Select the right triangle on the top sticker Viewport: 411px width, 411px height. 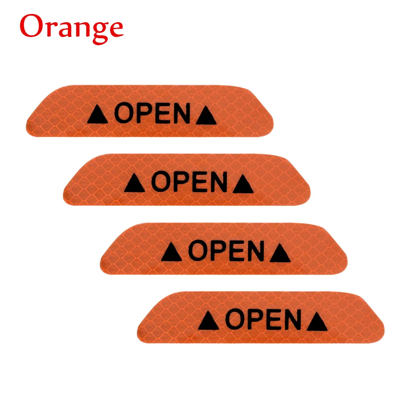coord(206,116)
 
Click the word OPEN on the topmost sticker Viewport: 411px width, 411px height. coord(152,114)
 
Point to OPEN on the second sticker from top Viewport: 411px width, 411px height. coord(189,182)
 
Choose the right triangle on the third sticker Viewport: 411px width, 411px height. coord(280,254)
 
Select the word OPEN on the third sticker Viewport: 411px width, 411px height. coord(226,251)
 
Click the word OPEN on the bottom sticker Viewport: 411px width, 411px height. coord(263,320)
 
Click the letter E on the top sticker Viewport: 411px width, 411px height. coord(162,114)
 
